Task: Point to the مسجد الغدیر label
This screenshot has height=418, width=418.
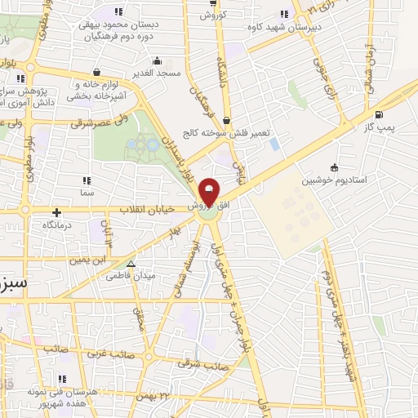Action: (x=158, y=74)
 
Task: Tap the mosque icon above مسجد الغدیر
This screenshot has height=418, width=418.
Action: (x=157, y=60)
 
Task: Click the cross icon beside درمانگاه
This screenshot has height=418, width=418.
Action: (x=56, y=211)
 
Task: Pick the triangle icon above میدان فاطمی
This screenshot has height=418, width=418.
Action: (x=131, y=263)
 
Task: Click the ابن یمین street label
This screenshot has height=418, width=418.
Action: (x=88, y=259)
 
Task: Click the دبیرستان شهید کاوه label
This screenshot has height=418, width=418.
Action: (x=278, y=27)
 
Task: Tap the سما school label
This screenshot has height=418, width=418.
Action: (x=87, y=193)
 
